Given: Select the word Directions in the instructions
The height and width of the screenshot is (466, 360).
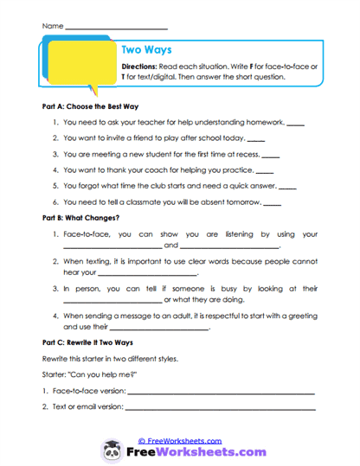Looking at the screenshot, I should click(141, 67).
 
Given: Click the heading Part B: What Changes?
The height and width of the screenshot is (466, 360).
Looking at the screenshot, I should click(80, 218).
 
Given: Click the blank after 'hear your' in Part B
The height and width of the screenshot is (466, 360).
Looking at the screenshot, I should click(151, 275).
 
